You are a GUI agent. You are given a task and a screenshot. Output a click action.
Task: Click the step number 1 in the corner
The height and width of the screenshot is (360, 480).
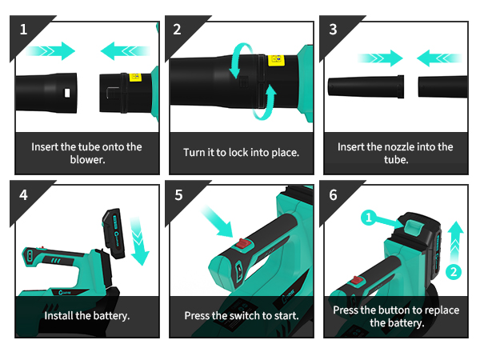pos(23,30)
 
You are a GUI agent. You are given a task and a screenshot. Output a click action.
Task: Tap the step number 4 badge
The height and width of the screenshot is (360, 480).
pos(23,195)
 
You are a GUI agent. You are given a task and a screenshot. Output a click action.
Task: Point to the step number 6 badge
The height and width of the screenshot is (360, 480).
pos(333,195)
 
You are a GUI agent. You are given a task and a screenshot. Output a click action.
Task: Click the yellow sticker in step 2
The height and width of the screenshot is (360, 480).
pos(277,60)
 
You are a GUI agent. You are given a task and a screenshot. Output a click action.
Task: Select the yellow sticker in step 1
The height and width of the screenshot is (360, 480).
pos(135,77)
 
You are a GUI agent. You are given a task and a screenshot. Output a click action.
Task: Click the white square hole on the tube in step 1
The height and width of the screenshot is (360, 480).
pos(67,93)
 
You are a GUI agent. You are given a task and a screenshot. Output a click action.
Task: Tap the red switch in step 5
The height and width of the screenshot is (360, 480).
pos(243,244)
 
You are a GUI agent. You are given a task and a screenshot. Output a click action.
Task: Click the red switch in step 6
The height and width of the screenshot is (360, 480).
pos(356,280)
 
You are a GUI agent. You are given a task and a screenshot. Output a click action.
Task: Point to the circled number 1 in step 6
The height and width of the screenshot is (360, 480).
pos(369,218)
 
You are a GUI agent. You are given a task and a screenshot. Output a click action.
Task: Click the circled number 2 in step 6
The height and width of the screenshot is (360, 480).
pos(454,272)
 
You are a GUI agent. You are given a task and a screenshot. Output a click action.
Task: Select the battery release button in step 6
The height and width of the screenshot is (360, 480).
pos(414,228)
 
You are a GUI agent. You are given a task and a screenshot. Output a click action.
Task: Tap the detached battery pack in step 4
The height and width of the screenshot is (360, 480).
pos(114,234)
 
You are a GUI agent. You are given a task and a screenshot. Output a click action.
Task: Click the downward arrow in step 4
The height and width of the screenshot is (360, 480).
pos(138,241)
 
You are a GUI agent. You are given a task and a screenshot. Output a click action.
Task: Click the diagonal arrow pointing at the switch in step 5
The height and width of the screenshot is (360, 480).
pos(218,222)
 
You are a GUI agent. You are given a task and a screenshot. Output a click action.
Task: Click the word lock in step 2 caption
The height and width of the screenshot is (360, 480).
pos(238,153)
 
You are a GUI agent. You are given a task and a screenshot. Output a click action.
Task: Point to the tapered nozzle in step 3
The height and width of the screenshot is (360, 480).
pos(366,86)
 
